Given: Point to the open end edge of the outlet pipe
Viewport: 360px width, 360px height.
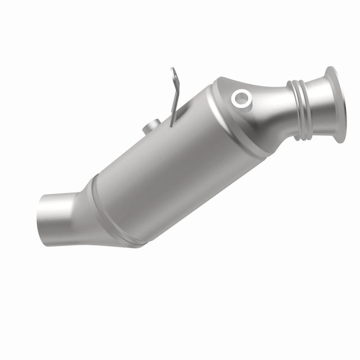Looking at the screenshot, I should [x=39, y=214].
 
